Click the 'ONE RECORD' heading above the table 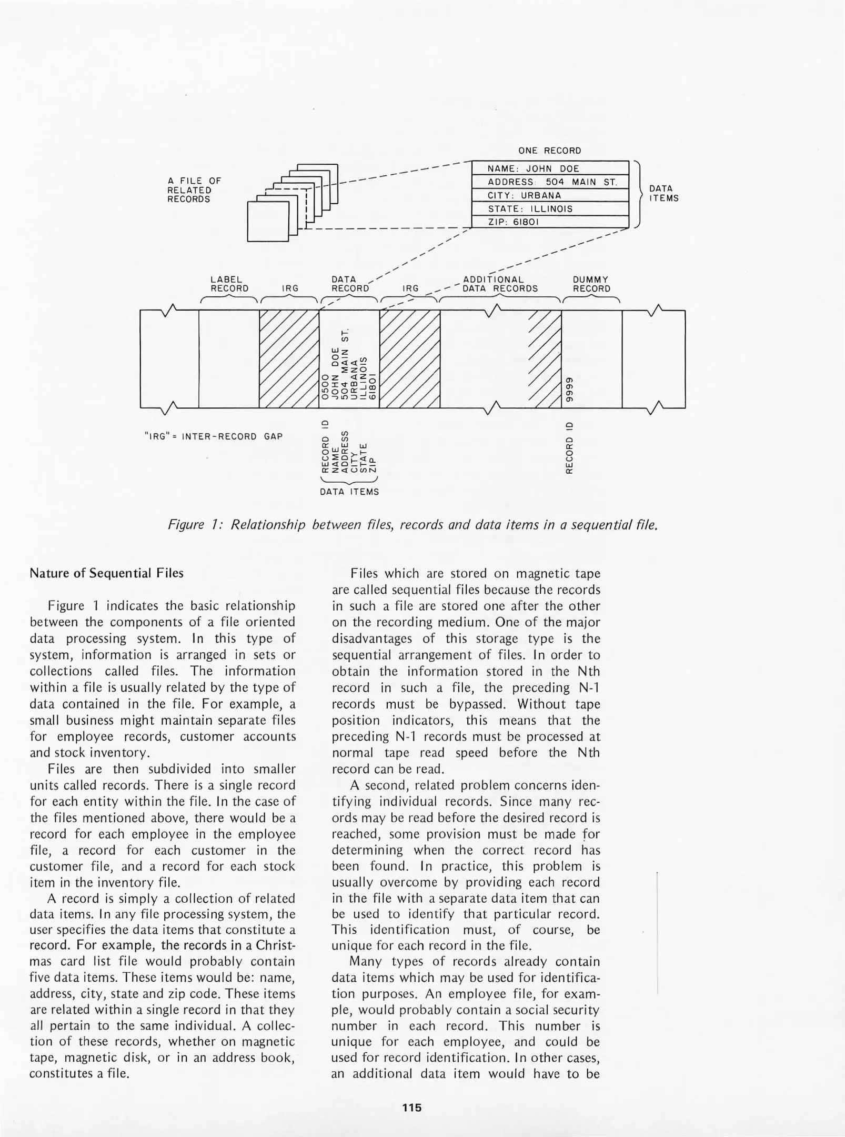tap(549, 151)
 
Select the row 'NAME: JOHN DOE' tap(550, 168)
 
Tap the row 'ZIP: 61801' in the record tap(550, 222)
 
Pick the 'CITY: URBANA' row tap(550, 195)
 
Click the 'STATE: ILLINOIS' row tap(550, 209)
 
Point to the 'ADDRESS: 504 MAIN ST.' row tap(550, 182)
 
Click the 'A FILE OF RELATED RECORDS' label tap(194, 190)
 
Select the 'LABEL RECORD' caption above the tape tap(229, 284)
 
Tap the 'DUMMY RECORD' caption tap(591, 284)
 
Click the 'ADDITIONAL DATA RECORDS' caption tap(499, 284)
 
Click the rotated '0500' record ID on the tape tap(326, 387)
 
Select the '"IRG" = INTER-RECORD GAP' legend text tap(214, 436)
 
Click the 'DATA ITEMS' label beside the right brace tap(663, 194)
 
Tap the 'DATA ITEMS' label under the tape tap(349, 492)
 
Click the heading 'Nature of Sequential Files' tap(107, 573)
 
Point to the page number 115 tap(412, 1108)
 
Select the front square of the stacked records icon tap(268, 222)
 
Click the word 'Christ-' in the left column tap(276, 945)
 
